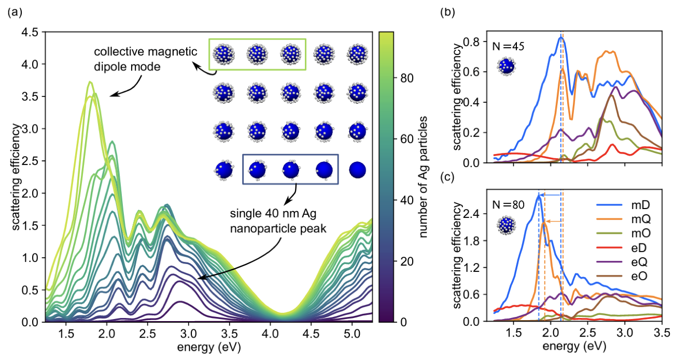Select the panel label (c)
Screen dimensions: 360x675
tap(447, 176)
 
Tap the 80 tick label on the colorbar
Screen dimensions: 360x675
tap(403, 78)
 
